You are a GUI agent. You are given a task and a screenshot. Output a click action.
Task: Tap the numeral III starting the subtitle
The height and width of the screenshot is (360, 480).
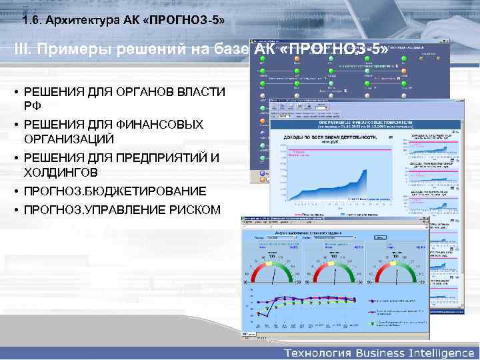(x=22, y=51)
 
